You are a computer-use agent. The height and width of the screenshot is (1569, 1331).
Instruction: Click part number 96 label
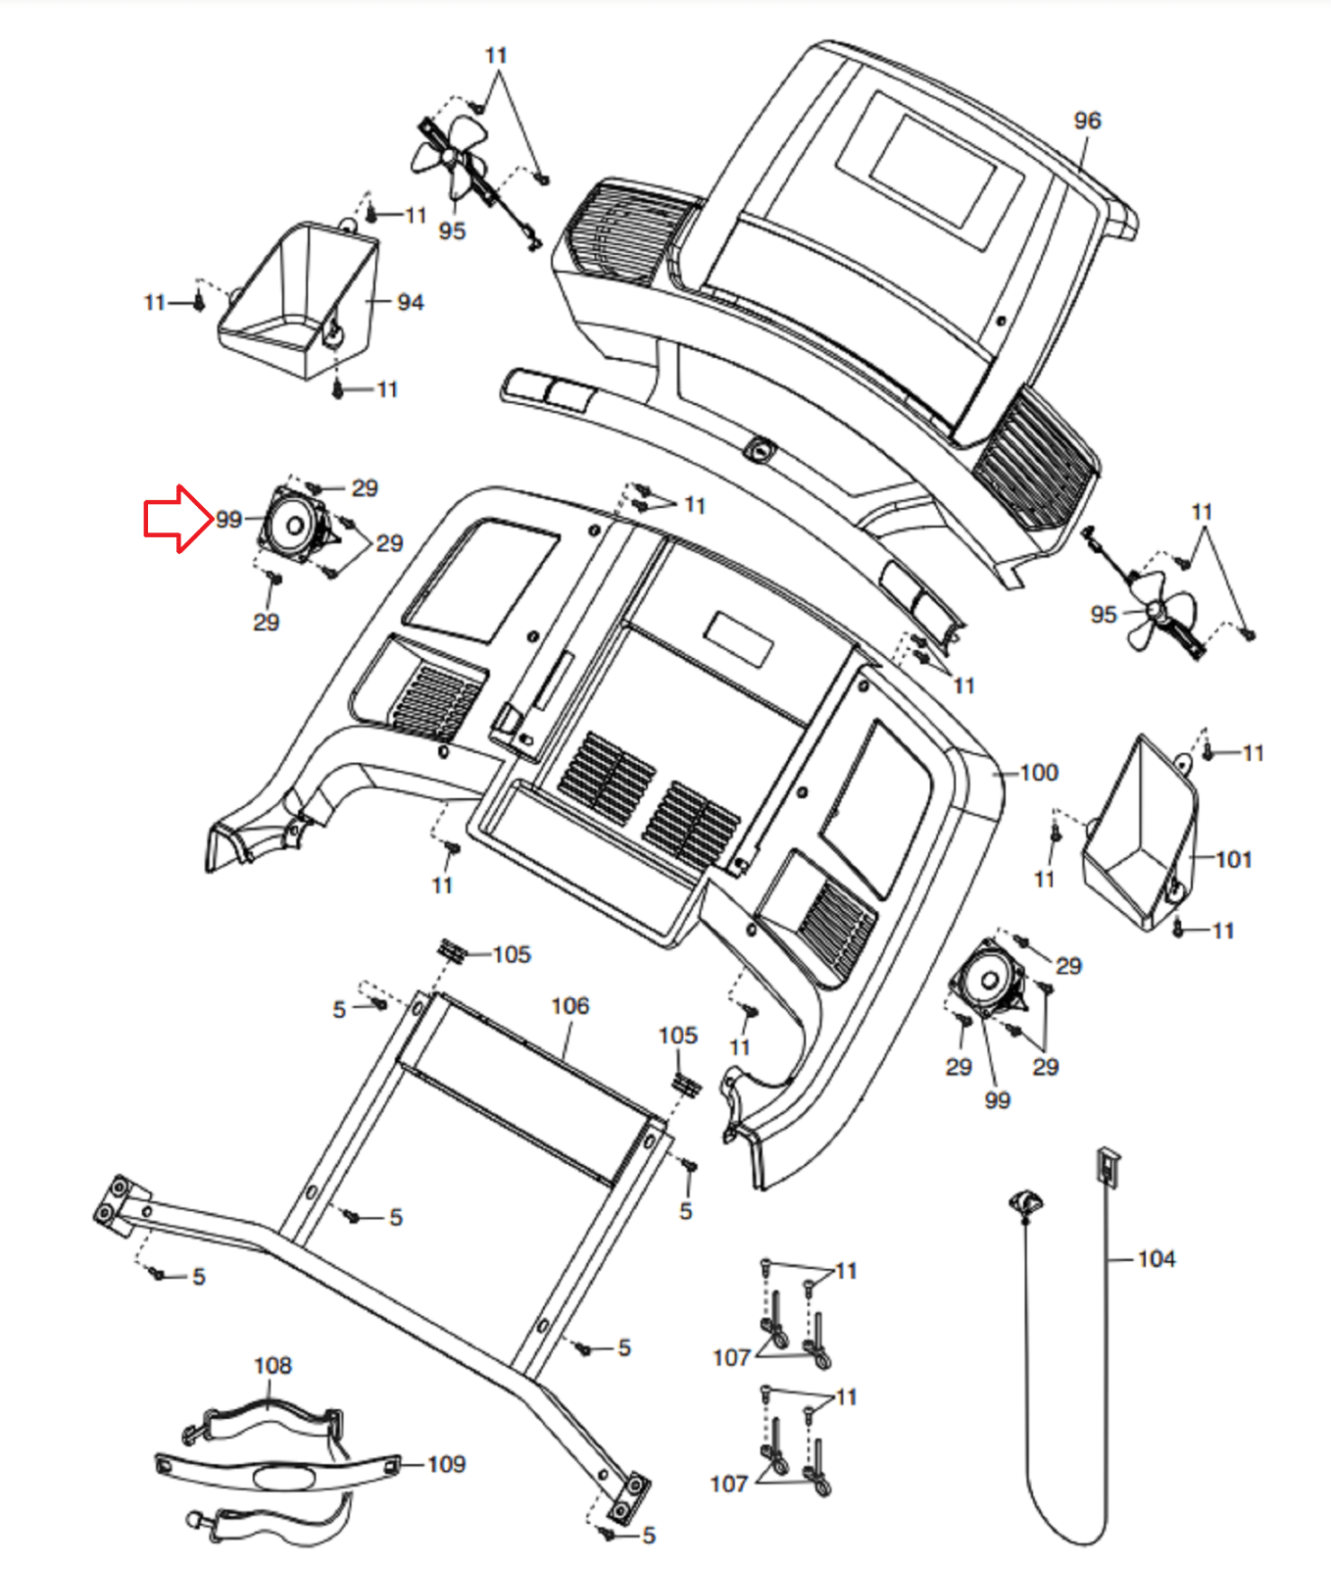pyautogui.click(x=1087, y=121)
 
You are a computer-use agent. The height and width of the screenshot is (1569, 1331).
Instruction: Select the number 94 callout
pyautogui.click(x=411, y=303)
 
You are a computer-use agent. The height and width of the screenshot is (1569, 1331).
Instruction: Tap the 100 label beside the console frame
pyautogui.click(x=1039, y=773)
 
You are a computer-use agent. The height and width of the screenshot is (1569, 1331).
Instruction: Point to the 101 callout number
pyautogui.click(x=1234, y=860)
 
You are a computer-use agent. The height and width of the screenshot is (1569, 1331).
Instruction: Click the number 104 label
pyautogui.click(x=1157, y=1259)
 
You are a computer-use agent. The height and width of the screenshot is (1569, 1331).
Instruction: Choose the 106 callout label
pyautogui.click(x=570, y=1006)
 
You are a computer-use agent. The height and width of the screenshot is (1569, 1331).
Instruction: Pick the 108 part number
pyautogui.click(x=272, y=1366)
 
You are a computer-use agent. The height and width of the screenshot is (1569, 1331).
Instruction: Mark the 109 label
pyautogui.click(x=447, y=1464)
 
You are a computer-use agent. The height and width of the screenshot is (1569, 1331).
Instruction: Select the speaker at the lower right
pyautogui.click(x=989, y=980)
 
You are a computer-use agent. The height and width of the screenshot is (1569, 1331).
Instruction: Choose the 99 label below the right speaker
pyautogui.click(x=997, y=1100)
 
